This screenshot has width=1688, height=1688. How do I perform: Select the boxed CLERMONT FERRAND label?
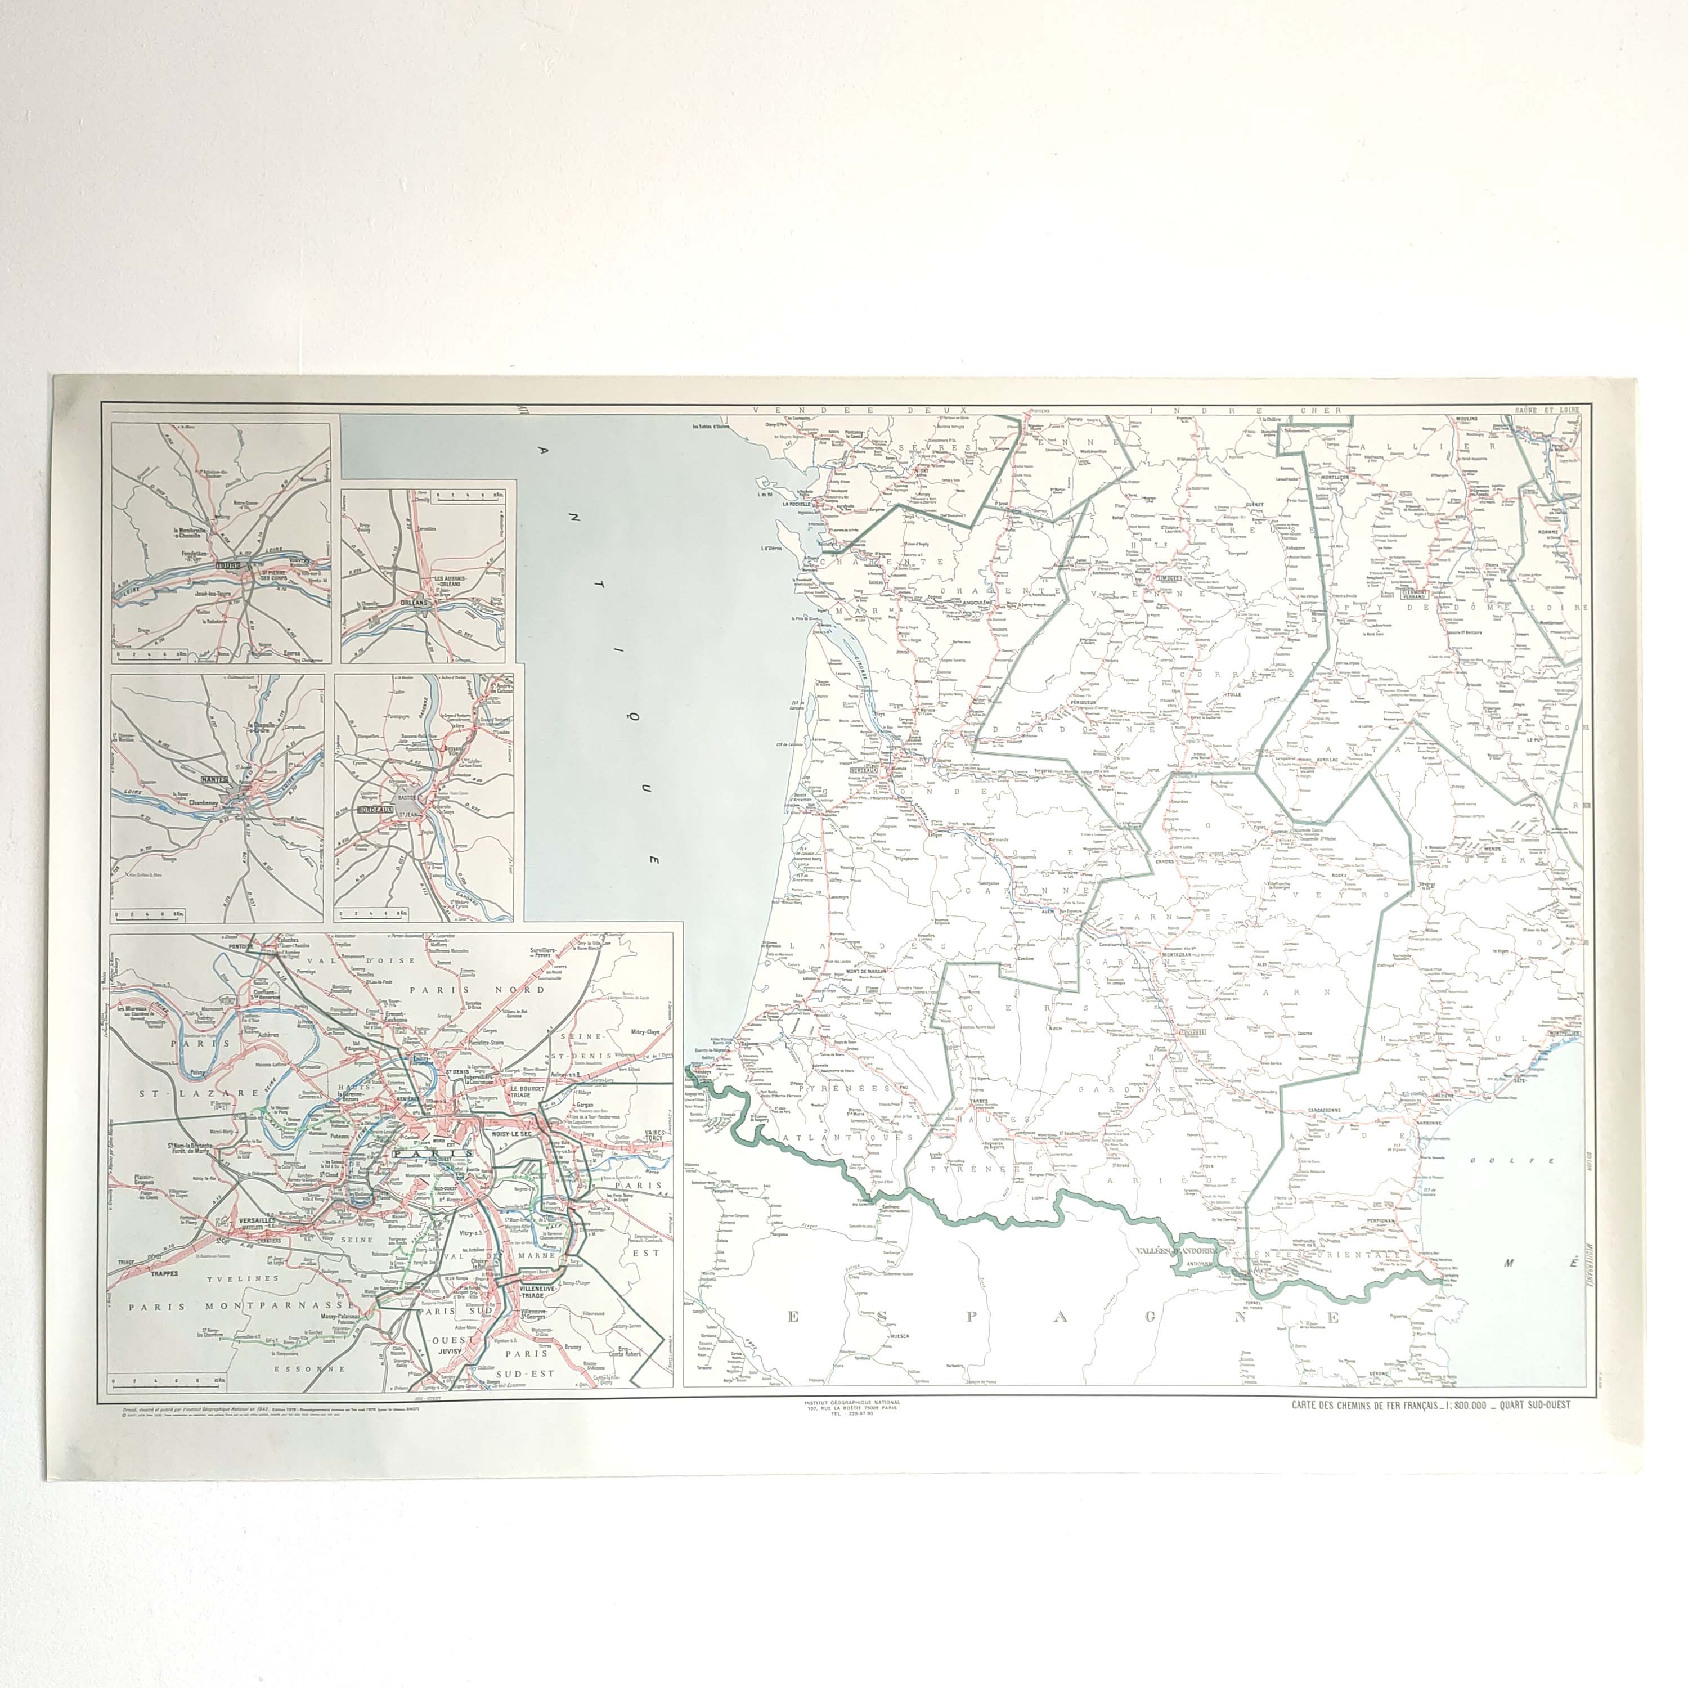(x=1413, y=593)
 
